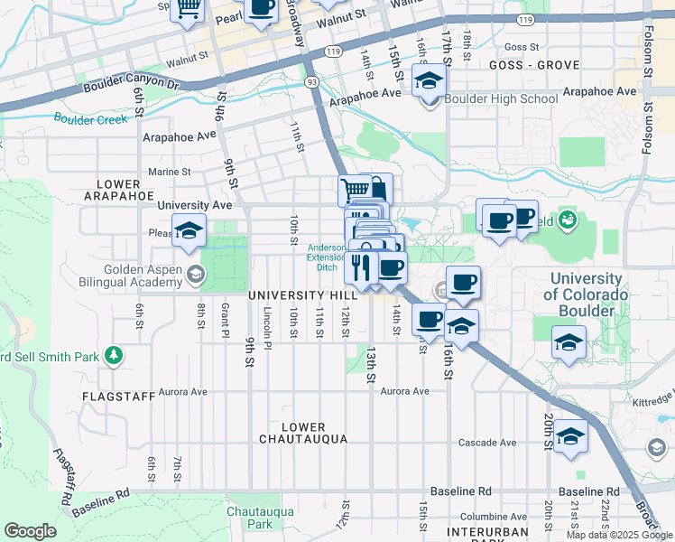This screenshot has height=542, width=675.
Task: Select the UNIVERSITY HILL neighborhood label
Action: pyautogui.click(x=299, y=295)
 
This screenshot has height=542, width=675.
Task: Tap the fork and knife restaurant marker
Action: pyautogui.click(x=359, y=266)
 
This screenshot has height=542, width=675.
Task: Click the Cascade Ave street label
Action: pyautogui.click(x=487, y=443)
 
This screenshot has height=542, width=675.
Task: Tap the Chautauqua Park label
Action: pyautogui.click(x=248, y=517)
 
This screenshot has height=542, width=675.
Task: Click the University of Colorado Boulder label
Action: pyautogui.click(x=584, y=294)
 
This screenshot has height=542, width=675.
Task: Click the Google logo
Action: pyautogui.click(x=30, y=531)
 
